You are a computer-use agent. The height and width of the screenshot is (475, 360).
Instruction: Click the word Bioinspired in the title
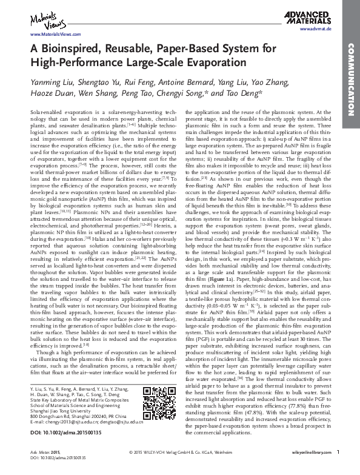click(x=73, y=49)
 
